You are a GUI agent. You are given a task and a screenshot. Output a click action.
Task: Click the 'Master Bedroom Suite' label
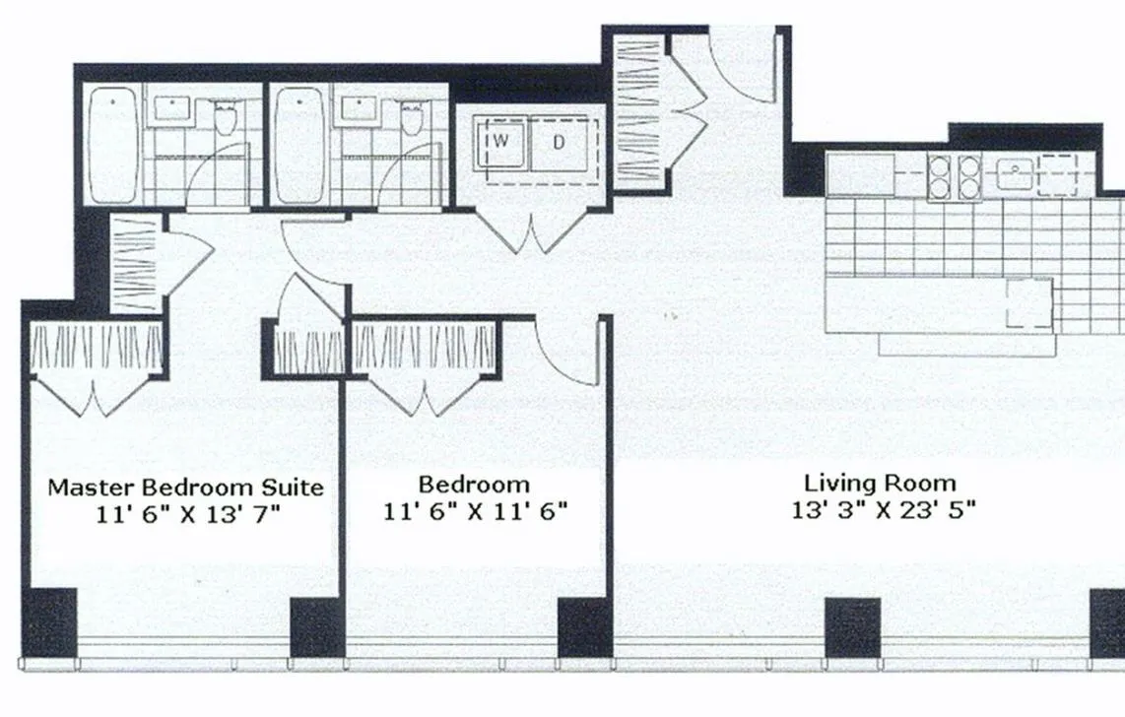[x=186, y=487]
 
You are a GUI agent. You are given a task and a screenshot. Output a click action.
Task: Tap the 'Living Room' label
[x=880, y=483]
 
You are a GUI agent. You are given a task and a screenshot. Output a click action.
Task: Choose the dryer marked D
[x=560, y=142]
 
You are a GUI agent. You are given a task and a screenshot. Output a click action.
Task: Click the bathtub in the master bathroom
[x=113, y=145]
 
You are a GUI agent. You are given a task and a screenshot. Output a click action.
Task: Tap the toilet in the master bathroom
[x=226, y=119]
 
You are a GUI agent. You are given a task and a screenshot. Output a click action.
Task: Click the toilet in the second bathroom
[x=411, y=119]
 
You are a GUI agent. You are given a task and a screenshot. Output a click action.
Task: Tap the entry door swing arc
[x=744, y=74]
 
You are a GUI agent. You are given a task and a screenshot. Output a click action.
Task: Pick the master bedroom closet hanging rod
[x=97, y=347]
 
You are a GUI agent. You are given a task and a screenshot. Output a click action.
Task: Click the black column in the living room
[x=851, y=627]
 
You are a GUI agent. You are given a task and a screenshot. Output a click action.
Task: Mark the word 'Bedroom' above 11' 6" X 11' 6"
[x=474, y=485]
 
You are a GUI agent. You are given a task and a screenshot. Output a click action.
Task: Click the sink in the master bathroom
[x=173, y=107]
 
